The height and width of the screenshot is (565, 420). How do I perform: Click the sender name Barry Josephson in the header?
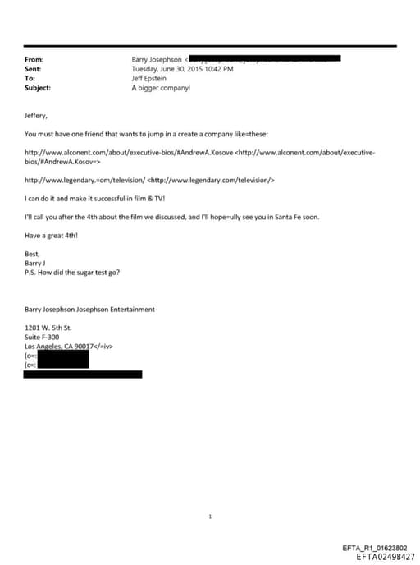click(157, 60)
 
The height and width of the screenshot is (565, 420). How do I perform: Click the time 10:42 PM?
click(218, 69)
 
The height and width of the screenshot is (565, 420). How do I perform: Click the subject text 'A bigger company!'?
click(161, 87)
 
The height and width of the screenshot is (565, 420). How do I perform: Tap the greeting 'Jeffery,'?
click(36, 116)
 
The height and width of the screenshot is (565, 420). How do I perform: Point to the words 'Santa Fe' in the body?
click(279, 216)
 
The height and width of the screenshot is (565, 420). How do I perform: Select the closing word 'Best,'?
click(33, 254)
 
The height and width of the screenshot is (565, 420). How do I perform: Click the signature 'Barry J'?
click(35, 263)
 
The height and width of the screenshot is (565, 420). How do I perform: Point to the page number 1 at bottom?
click(211, 517)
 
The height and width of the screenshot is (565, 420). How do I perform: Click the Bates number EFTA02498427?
click(386, 556)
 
